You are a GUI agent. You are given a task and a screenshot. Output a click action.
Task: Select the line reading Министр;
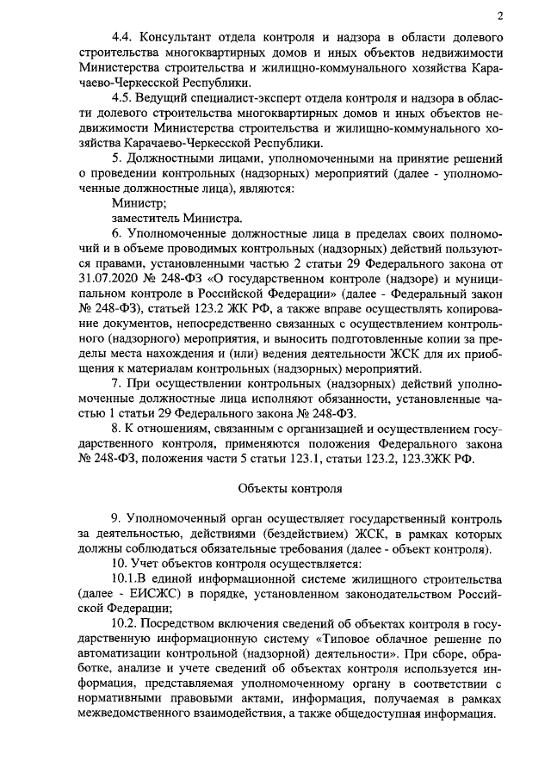[x=138, y=203]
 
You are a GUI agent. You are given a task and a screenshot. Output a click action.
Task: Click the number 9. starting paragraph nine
[x=117, y=518]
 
